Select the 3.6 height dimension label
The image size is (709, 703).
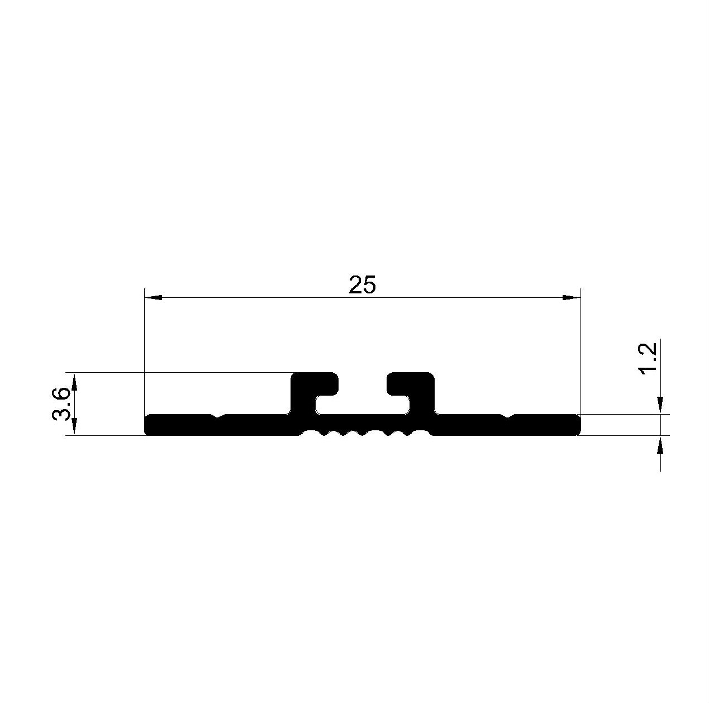(x=61, y=404)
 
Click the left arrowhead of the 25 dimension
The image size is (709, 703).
(x=153, y=297)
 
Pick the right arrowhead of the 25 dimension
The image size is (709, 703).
(x=571, y=297)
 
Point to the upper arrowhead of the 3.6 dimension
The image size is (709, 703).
(x=74, y=382)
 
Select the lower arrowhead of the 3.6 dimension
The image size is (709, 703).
(x=74, y=426)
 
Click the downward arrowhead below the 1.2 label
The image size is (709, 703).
(x=660, y=405)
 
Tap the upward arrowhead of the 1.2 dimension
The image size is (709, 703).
(x=660, y=444)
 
